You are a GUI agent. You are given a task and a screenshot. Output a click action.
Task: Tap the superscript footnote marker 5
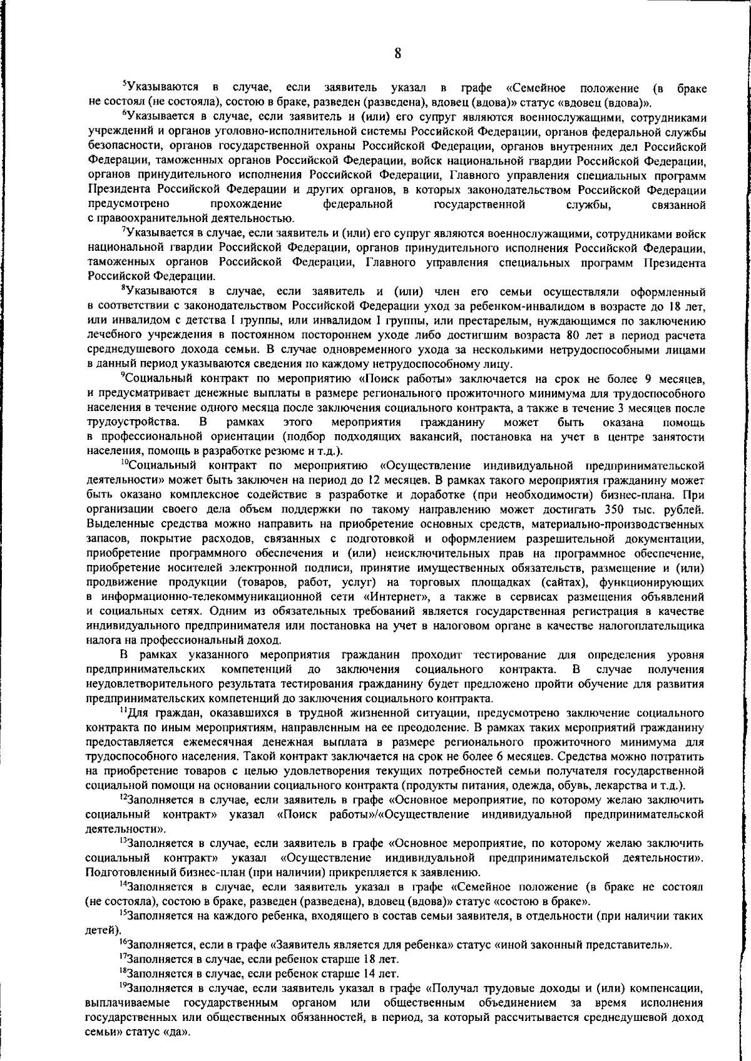coord(124,85)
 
